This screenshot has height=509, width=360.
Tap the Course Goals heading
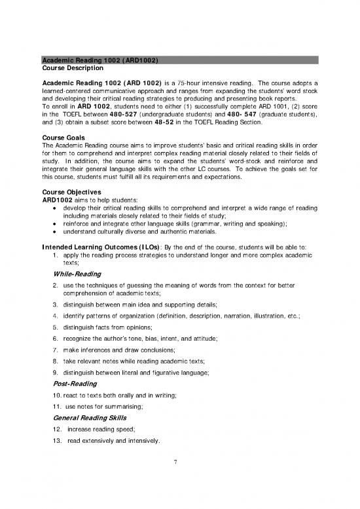click(61, 137)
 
